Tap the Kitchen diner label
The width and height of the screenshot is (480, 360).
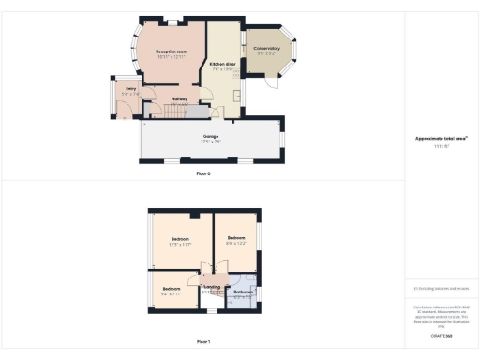pyautogui.click(x=223, y=64)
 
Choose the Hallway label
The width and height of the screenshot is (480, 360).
pyautogui.click(x=179, y=97)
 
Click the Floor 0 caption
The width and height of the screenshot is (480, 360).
pyautogui.click(x=203, y=174)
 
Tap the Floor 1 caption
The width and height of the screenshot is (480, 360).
pyautogui.click(x=203, y=341)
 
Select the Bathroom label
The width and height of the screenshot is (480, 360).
pyautogui.click(x=244, y=292)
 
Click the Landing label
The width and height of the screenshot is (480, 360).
pyautogui.click(x=212, y=286)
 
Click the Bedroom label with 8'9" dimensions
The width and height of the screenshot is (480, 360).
pyautogui.click(x=236, y=238)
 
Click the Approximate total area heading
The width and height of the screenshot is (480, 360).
pyautogui.click(x=442, y=138)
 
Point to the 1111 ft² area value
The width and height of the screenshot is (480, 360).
pyautogui.click(x=442, y=147)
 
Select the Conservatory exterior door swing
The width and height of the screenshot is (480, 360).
pyautogui.click(x=271, y=82)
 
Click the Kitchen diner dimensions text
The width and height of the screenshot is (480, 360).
pyautogui.click(x=223, y=69)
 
